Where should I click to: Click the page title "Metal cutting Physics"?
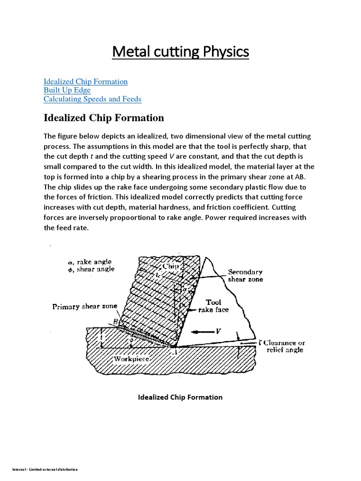tap(180, 52)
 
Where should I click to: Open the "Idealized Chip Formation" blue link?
tap(86, 81)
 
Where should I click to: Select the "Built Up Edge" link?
tap(67, 90)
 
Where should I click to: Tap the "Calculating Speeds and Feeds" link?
tap(92, 99)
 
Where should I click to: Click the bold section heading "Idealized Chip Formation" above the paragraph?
tap(103, 117)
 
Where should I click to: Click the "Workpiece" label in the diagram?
tap(132, 359)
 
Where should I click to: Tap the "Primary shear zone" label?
tap(85, 307)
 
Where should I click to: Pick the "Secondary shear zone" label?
tap(245, 275)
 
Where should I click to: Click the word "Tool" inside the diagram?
tap(213, 302)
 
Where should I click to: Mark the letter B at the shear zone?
tap(115, 322)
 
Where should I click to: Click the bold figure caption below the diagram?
tap(180, 397)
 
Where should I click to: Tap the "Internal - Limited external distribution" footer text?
tap(39, 470)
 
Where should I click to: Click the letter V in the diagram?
tap(218, 332)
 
